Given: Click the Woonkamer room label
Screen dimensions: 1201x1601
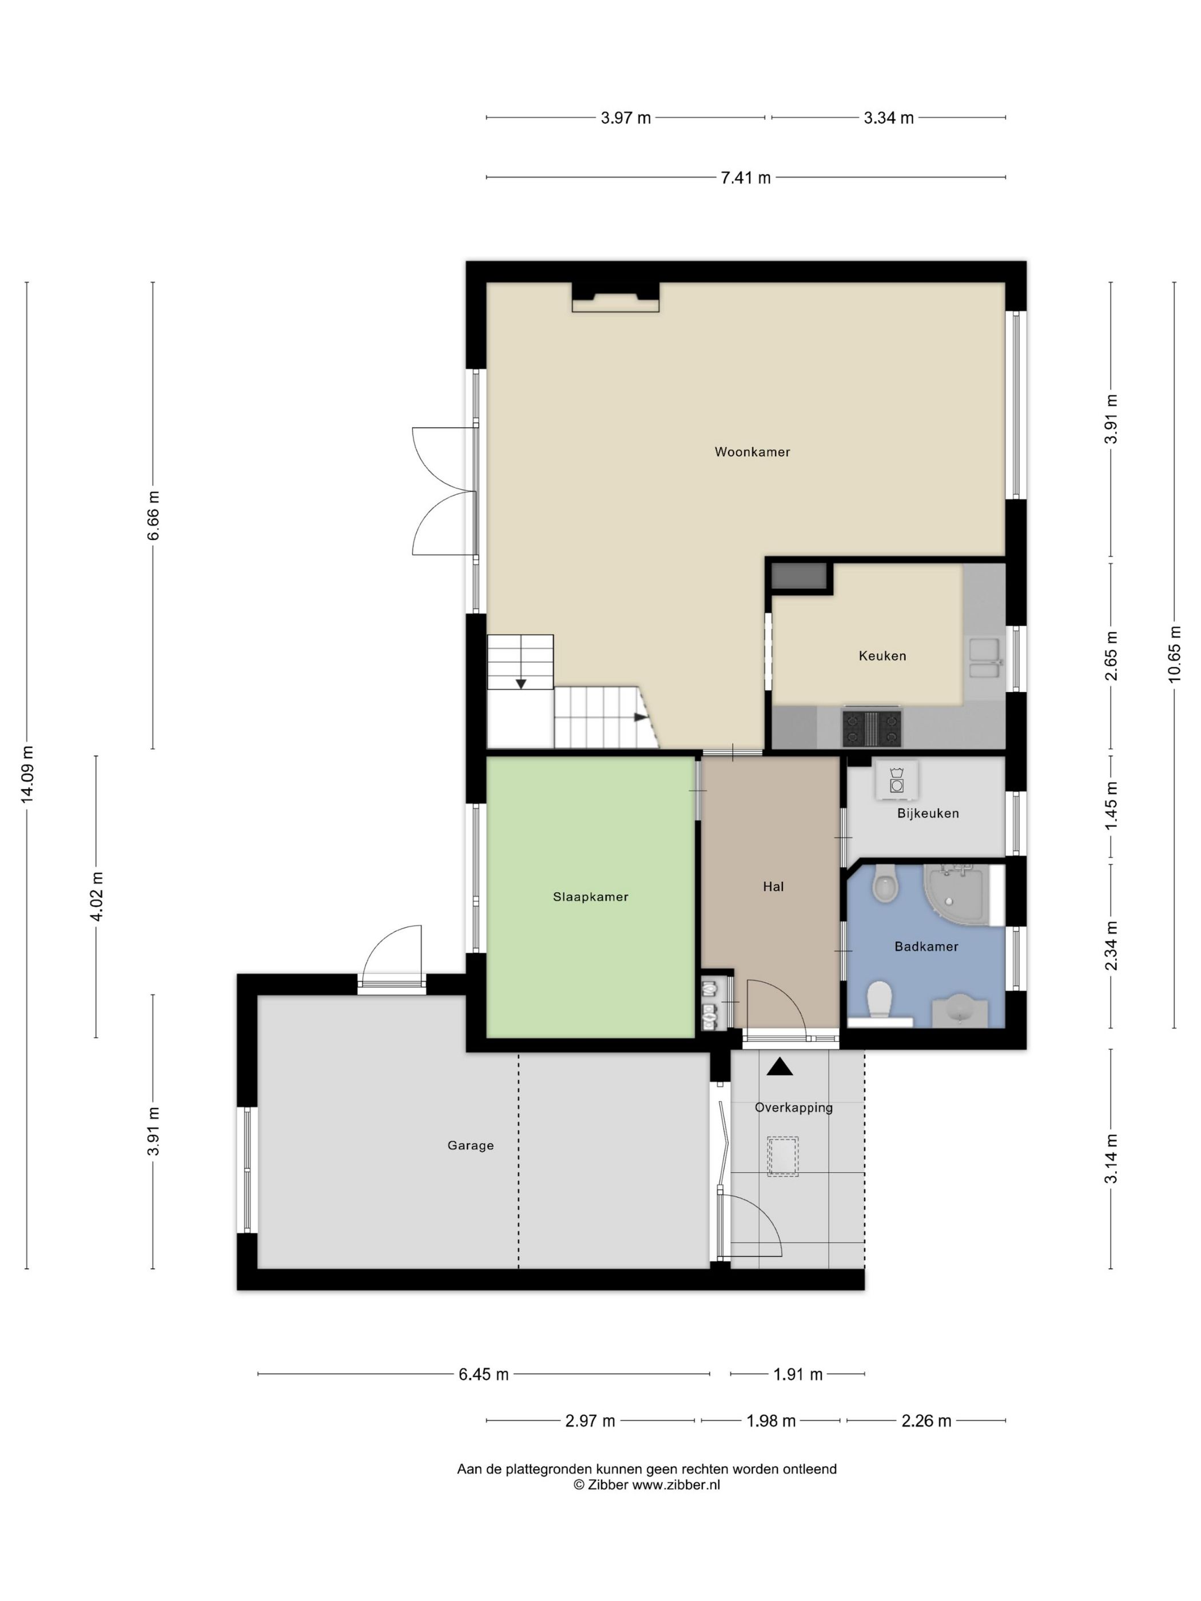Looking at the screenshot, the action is click(751, 452).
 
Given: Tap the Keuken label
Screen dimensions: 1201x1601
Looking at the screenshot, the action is click(882, 656).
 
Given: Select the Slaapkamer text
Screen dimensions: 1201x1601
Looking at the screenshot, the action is click(590, 897).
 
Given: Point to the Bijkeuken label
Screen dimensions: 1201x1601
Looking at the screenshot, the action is click(928, 813).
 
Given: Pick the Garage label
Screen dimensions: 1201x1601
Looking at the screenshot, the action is click(471, 1145).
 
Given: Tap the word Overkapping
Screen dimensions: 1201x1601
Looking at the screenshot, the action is click(793, 1108).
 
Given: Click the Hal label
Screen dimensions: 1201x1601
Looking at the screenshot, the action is click(773, 887).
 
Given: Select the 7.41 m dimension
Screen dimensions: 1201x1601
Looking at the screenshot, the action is click(746, 177).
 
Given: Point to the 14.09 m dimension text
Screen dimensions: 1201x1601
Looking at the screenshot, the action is click(27, 773).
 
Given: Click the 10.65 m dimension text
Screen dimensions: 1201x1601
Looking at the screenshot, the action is click(1174, 654).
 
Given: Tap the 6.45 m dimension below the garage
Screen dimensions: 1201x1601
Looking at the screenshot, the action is click(484, 1374).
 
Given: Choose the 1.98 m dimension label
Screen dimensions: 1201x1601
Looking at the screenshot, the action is click(771, 1421).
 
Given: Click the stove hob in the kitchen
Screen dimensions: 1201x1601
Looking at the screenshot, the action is click(872, 727).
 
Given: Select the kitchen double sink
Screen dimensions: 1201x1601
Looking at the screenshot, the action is click(984, 659).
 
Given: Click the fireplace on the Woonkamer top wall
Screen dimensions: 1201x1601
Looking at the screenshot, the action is click(615, 297).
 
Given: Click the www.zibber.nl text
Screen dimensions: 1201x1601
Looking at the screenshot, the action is click(676, 1485).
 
